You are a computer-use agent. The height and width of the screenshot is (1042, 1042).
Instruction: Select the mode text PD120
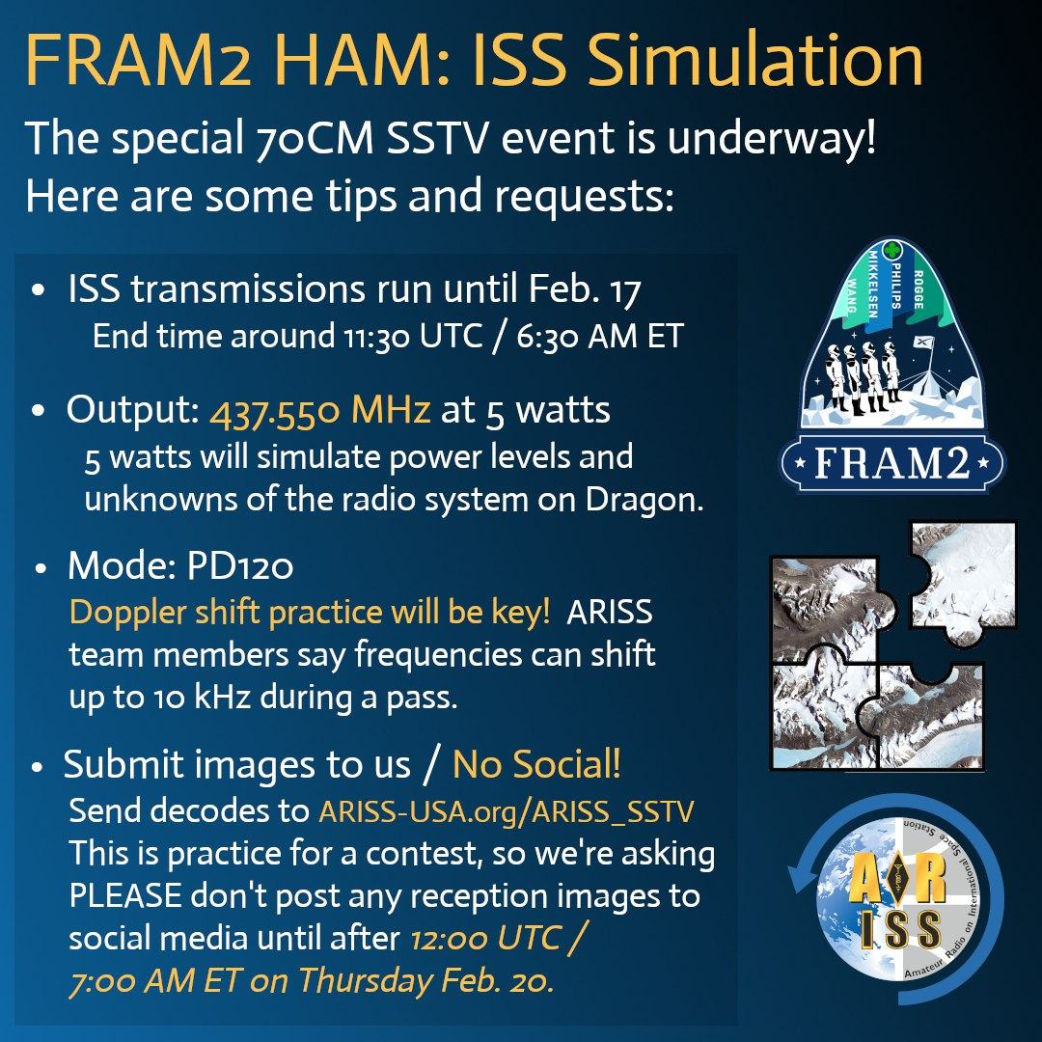point(240,566)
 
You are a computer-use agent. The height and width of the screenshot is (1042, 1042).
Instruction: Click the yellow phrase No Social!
point(536,764)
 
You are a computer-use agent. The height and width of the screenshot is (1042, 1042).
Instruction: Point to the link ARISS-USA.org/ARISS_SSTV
point(507,811)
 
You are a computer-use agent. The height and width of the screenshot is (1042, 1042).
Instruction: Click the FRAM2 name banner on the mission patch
point(891,462)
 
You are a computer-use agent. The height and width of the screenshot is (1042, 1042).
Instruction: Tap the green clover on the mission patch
point(891,250)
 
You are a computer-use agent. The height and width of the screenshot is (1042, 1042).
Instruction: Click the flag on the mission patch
point(923,343)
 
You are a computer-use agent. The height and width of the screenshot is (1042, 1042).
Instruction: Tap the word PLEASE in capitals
point(125,895)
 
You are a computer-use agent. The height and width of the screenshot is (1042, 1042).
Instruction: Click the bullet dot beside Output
point(39,411)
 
